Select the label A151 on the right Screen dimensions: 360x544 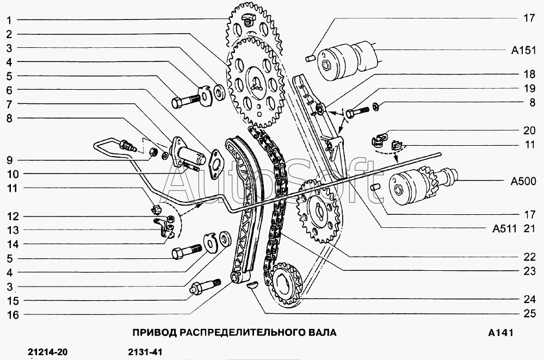pyautogui.click(x=524, y=51)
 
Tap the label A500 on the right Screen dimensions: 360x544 pyautogui.click(x=524, y=182)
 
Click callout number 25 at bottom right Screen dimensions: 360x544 pyautogui.click(x=529, y=313)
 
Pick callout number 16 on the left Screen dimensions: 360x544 pyautogui.click(x=11, y=315)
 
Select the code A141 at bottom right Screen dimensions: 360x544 pyautogui.click(x=500, y=332)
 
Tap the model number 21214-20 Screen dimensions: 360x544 pyautogui.click(x=47, y=352)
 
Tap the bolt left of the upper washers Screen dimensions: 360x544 pyautogui.click(x=186, y=101)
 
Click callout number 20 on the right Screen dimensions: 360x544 pyautogui.click(x=529, y=131)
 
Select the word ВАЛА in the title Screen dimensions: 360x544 pyautogui.click(x=320, y=332)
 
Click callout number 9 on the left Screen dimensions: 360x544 pyautogui.click(x=10, y=160)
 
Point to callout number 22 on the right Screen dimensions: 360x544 pyautogui.click(x=529, y=256)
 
